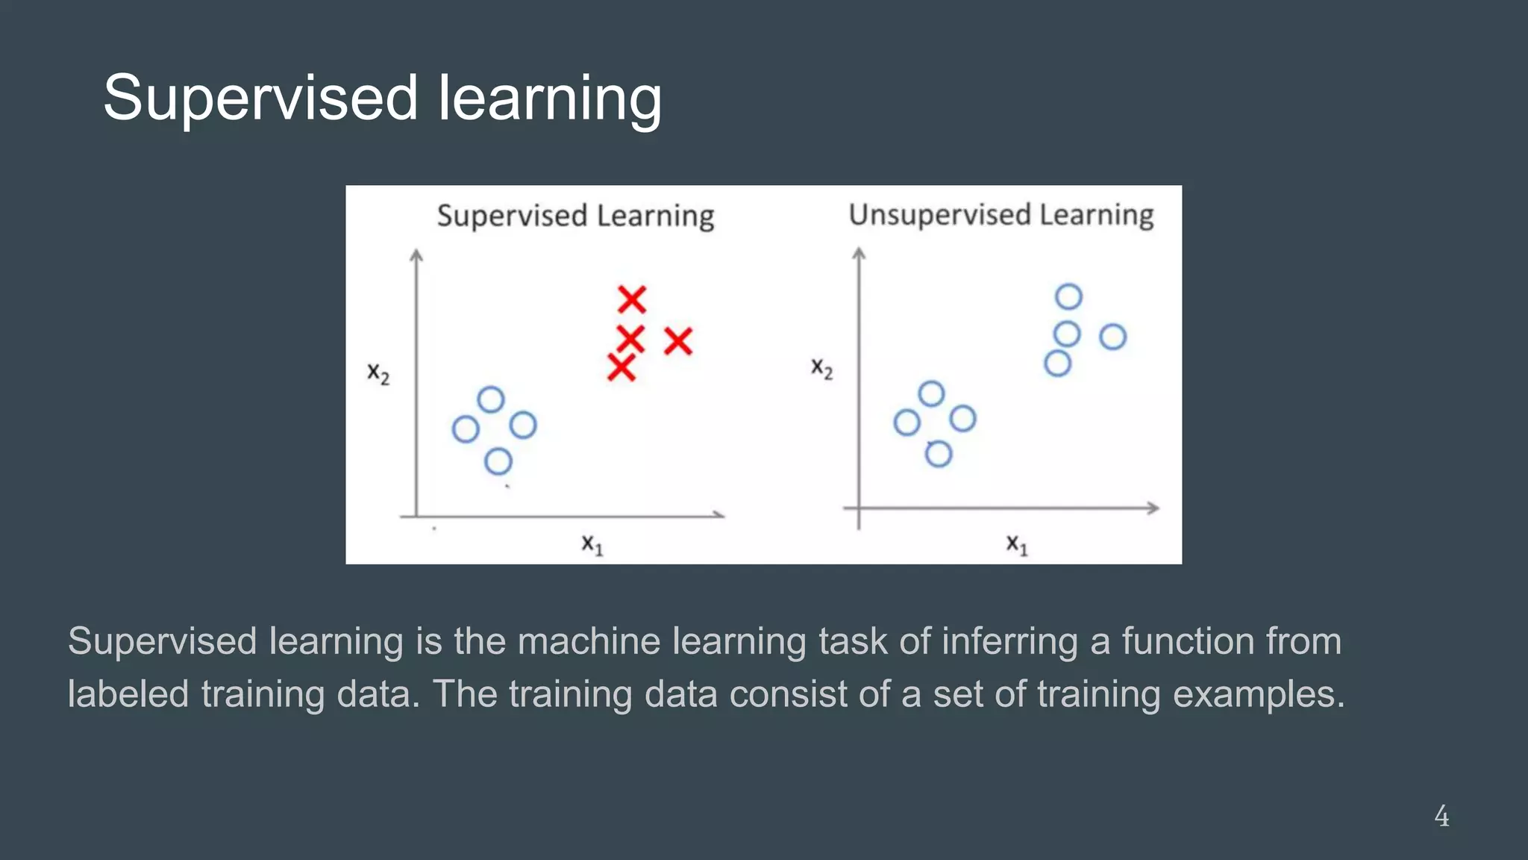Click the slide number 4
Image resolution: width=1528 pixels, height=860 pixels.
pos(1441,816)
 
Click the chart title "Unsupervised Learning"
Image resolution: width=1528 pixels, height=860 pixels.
pos(1001,215)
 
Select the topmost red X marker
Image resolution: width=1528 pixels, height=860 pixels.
pos(631,299)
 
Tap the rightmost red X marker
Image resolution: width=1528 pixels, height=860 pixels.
pos(678,341)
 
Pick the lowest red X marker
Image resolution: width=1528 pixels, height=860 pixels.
pos(621,367)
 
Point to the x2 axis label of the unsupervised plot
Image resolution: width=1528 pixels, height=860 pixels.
pos(821,368)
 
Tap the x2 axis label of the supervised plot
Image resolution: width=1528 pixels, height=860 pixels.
pos(378,373)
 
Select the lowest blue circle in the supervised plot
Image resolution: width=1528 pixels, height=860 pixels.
pos(498,461)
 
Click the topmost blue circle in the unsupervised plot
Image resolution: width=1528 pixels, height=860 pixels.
pos(1068,296)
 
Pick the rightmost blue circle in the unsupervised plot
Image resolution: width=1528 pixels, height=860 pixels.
pos(1112,337)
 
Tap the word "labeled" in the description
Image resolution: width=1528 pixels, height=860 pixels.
pos(128,694)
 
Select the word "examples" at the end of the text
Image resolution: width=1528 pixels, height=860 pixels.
pos(1258,694)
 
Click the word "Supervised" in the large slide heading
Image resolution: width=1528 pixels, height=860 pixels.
pos(260,98)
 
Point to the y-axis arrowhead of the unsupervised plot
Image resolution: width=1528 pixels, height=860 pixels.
pos(859,254)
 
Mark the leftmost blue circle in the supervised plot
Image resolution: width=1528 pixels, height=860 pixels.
pos(466,429)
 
